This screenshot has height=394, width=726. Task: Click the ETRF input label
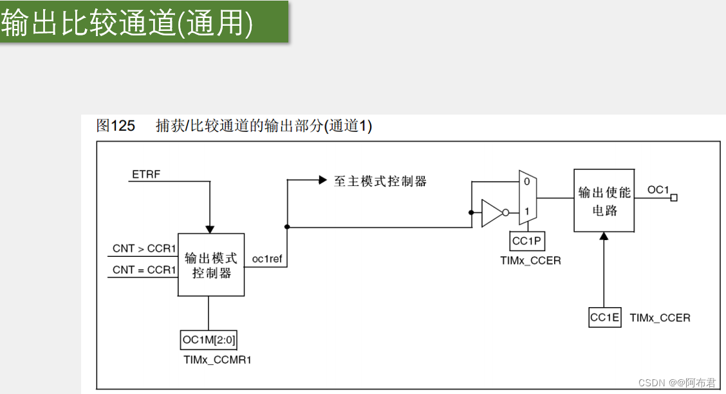click(x=146, y=174)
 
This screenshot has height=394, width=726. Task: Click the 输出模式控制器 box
click(x=211, y=265)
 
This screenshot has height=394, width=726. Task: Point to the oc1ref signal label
click(x=267, y=259)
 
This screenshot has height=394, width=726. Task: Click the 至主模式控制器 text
click(x=380, y=182)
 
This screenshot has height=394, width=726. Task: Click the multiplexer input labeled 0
click(x=526, y=182)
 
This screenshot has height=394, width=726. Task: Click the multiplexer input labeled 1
click(x=526, y=211)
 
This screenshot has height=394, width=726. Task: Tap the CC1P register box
click(x=526, y=241)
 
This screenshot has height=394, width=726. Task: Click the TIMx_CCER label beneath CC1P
click(x=530, y=261)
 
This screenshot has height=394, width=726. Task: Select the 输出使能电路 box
click(x=604, y=201)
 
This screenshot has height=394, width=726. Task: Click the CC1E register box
click(x=605, y=317)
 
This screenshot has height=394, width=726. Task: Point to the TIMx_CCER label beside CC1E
click(x=660, y=317)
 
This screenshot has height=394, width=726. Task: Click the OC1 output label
click(x=658, y=190)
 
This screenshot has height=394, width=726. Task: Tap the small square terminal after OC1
click(x=674, y=198)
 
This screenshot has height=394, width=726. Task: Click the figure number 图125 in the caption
click(x=116, y=126)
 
